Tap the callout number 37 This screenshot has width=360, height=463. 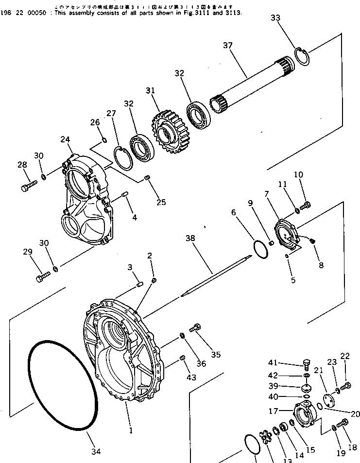(228, 46)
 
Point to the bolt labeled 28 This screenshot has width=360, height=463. (28, 185)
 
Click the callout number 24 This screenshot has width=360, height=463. (66, 140)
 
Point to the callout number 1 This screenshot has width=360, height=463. (131, 430)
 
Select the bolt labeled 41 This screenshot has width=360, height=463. (307, 362)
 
